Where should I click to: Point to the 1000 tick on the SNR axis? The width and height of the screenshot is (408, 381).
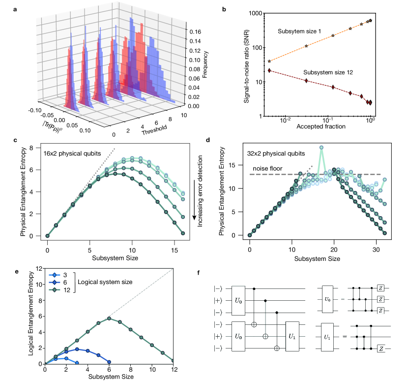(253, 13)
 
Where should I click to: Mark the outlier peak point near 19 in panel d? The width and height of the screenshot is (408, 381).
(321, 148)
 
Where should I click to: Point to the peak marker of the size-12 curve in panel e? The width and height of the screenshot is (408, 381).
(110, 318)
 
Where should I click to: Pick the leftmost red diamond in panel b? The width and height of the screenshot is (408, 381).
(269, 70)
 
